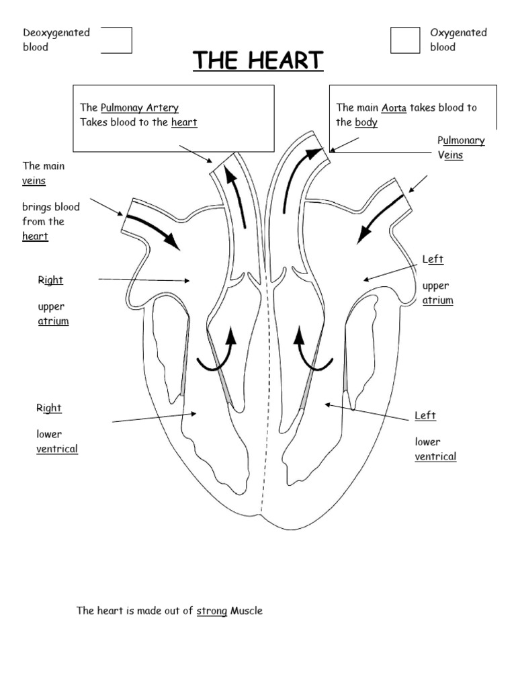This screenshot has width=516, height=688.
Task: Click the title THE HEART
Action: click(x=258, y=60)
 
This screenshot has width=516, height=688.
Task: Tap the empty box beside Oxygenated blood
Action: click(x=405, y=40)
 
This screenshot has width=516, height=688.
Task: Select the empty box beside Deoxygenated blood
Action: click(x=117, y=40)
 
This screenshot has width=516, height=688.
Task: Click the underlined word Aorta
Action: click(x=394, y=108)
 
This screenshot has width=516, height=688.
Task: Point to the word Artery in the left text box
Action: click(x=163, y=108)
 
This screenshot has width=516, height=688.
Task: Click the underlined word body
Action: click(x=366, y=122)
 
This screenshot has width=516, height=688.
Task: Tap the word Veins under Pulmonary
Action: click(x=450, y=155)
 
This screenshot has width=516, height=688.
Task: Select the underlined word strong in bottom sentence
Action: click(x=212, y=611)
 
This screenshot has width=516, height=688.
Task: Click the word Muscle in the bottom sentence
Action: click(x=247, y=611)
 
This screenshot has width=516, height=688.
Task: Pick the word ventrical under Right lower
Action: click(x=57, y=449)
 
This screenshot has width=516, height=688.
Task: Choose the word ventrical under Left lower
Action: click(x=435, y=457)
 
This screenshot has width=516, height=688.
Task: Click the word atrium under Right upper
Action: click(x=54, y=321)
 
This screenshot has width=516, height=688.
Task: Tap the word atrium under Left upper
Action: click(x=438, y=300)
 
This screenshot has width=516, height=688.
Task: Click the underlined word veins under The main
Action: click(x=34, y=181)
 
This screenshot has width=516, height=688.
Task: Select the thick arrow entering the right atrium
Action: click(x=154, y=231)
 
